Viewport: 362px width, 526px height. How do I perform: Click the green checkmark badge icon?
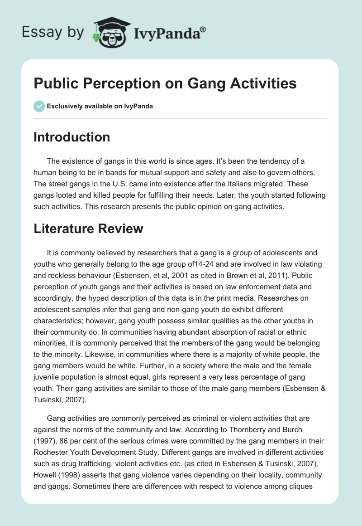[x=39, y=106]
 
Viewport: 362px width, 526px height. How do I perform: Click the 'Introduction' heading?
[x=71, y=137]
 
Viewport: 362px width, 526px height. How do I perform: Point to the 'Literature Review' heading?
[x=88, y=229]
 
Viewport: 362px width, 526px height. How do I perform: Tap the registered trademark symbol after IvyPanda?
[x=203, y=29]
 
